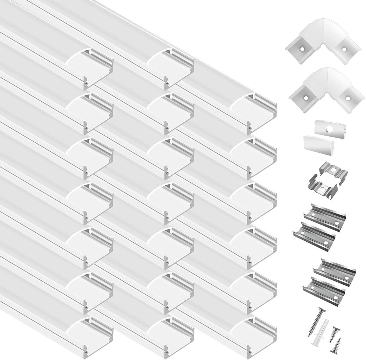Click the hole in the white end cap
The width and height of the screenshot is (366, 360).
coord(329,129)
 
